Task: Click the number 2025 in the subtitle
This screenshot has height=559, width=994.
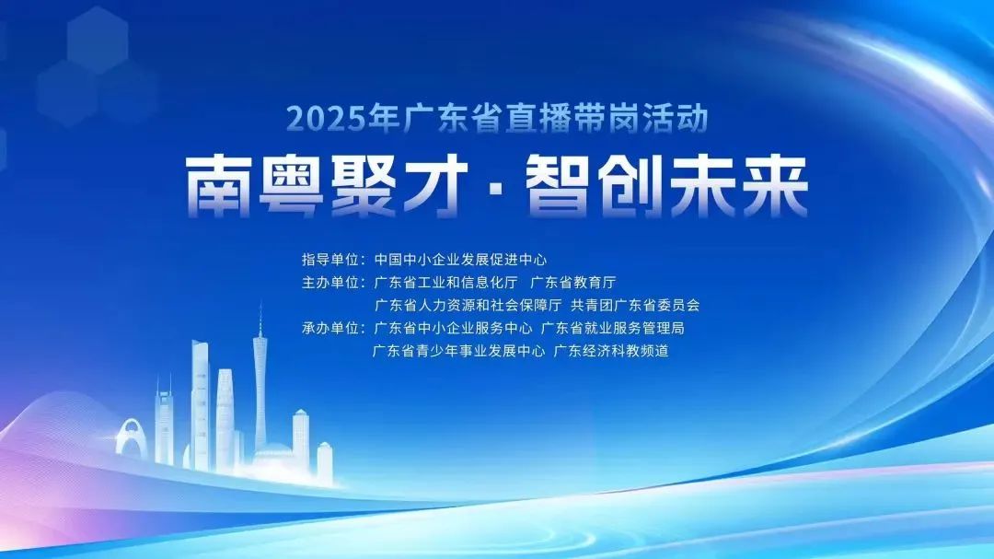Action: click(326, 119)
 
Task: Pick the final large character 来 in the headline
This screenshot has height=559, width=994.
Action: click(775, 187)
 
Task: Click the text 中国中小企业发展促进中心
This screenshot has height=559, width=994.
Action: click(460, 260)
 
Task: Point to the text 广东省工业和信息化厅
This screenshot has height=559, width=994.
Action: click(445, 283)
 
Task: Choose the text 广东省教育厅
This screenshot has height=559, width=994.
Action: click(573, 283)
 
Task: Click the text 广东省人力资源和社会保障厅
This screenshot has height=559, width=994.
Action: click(468, 305)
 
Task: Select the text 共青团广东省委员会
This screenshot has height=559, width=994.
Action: click(635, 305)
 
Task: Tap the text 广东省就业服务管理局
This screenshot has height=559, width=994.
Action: click(612, 328)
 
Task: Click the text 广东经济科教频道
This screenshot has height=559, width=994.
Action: click(611, 351)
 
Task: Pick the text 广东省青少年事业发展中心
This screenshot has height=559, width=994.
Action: click(458, 351)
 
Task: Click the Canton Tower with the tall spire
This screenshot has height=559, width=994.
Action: click(260, 387)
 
